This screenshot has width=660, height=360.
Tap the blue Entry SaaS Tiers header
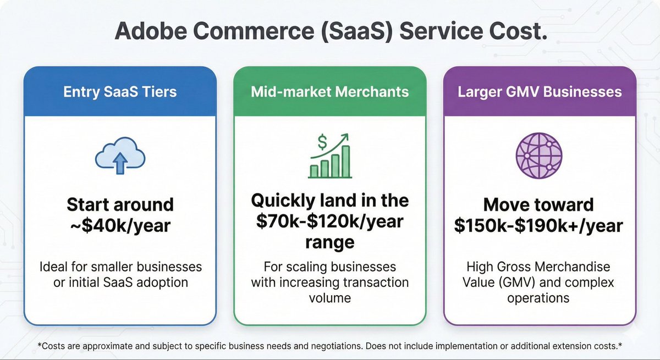119,91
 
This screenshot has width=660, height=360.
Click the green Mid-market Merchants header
330,91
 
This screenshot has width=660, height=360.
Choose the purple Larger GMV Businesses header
540,91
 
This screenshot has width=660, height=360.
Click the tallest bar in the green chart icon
345,162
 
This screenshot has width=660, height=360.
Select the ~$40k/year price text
119,225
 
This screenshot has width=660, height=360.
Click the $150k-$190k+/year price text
539,225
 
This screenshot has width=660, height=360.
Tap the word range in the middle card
330,242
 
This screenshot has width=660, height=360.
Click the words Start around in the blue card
119,205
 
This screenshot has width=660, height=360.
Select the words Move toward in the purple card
539,205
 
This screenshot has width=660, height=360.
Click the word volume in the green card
330,297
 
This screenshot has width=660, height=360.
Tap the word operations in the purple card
539,297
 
